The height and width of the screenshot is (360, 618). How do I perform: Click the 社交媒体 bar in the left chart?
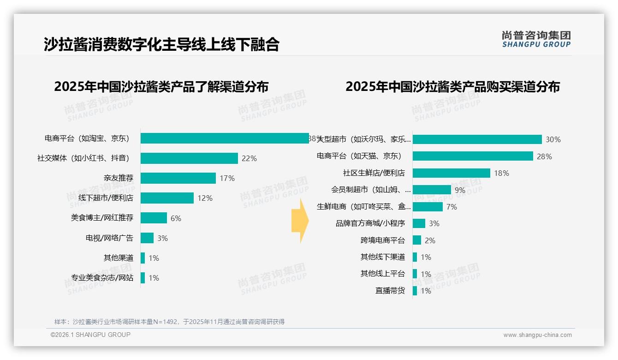[x=189, y=158]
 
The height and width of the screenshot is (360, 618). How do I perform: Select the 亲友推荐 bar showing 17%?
[x=178, y=178]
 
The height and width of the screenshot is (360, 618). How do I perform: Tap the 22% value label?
[x=249, y=158]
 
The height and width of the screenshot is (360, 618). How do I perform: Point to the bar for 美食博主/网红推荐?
[x=154, y=218]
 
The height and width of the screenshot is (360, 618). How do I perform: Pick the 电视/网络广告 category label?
[x=109, y=238]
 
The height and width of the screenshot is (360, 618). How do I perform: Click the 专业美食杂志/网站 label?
[x=102, y=278]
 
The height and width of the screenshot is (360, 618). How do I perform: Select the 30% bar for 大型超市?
[x=477, y=139]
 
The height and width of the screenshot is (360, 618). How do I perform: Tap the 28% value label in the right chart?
[x=544, y=156]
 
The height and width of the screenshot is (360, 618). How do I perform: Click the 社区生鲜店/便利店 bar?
[x=451, y=173]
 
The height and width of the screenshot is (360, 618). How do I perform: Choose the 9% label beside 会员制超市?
[x=460, y=190]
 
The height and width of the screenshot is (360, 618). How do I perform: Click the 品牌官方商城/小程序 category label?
[x=370, y=223]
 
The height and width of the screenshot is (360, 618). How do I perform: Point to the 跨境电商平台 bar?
[x=417, y=240]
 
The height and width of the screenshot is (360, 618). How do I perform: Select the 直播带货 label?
[x=390, y=291]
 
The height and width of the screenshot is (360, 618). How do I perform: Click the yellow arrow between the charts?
[x=300, y=221]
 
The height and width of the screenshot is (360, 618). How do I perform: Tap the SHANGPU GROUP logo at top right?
[x=536, y=39]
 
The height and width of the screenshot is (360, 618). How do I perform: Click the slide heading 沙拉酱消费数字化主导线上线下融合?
[x=161, y=44]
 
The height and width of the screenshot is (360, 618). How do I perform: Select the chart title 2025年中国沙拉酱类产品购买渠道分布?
[x=452, y=87]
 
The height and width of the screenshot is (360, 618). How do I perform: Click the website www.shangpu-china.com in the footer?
[x=537, y=335]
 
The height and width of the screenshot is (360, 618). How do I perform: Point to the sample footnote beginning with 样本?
[x=169, y=322]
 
